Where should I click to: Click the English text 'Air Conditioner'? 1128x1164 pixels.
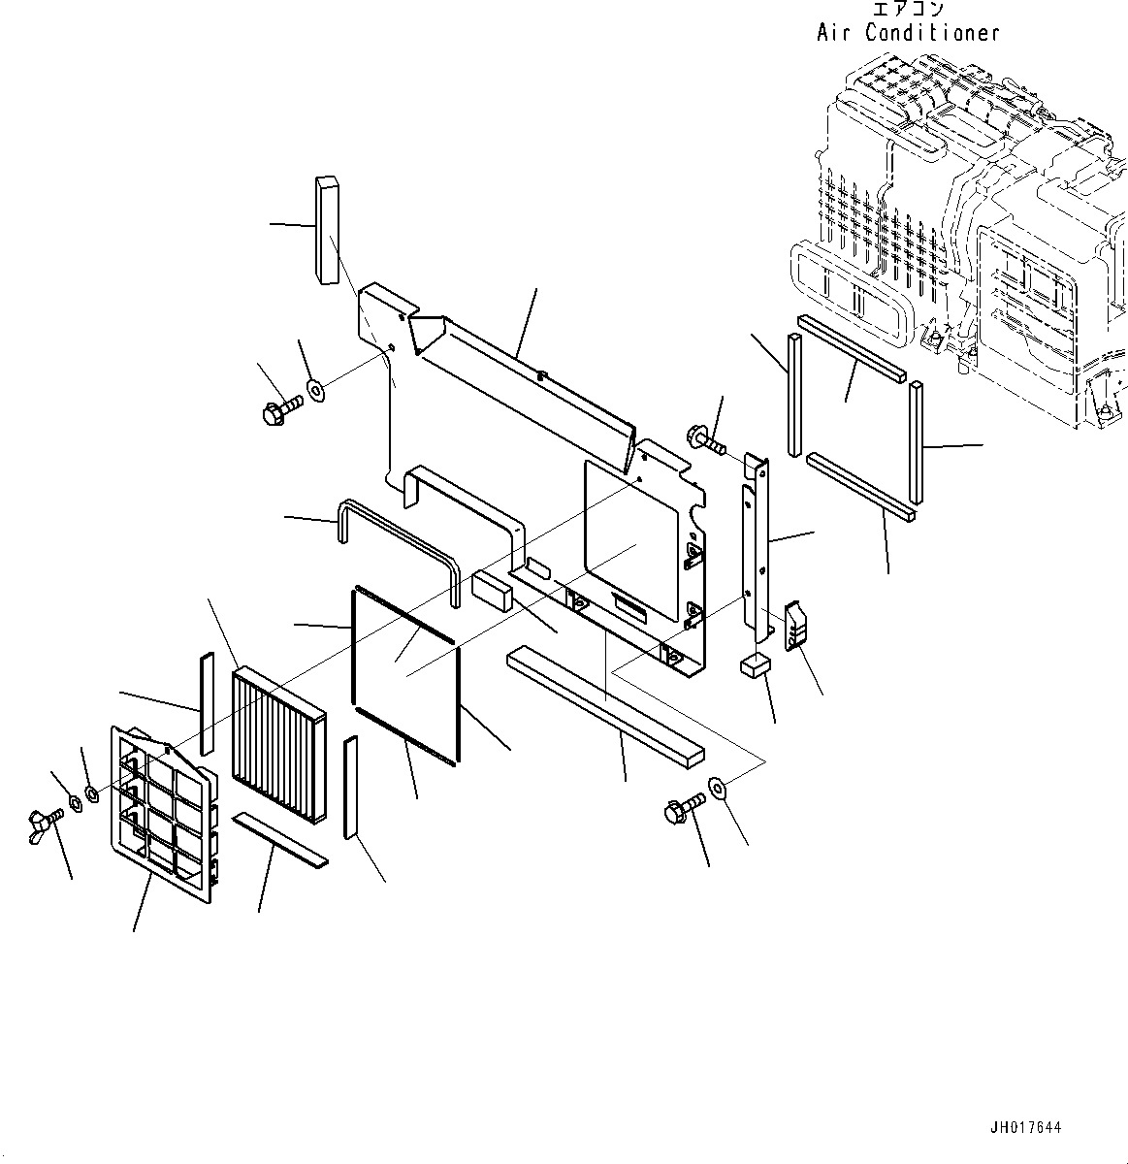(x=907, y=33)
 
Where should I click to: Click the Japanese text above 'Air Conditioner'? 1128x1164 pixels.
(x=908, y=10)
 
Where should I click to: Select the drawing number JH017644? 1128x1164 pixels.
(x=1025, y=1128)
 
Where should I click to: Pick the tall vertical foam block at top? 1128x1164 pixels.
(x=327, y=229)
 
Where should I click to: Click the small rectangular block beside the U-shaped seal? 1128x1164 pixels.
(x=494, y=589)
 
